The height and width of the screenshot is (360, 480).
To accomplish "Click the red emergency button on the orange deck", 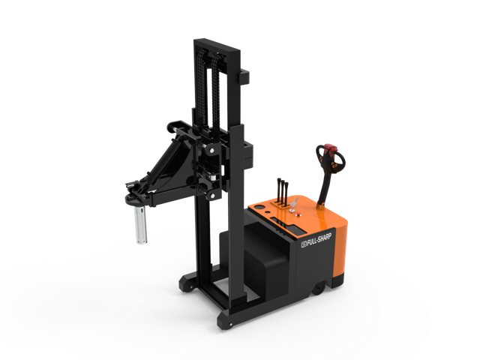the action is (x=298, y=215).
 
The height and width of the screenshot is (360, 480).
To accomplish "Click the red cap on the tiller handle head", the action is (x=331, y=149).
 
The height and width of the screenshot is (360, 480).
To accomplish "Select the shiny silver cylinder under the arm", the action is (x=140, y=225).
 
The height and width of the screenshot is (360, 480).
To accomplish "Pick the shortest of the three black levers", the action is (x=286, y=193).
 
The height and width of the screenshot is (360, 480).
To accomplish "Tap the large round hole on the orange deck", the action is (x=260, y=207).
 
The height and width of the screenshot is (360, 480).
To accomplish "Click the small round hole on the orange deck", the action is (x=268, y=212).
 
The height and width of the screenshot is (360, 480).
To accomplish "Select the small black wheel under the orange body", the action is (x=318, y=289).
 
